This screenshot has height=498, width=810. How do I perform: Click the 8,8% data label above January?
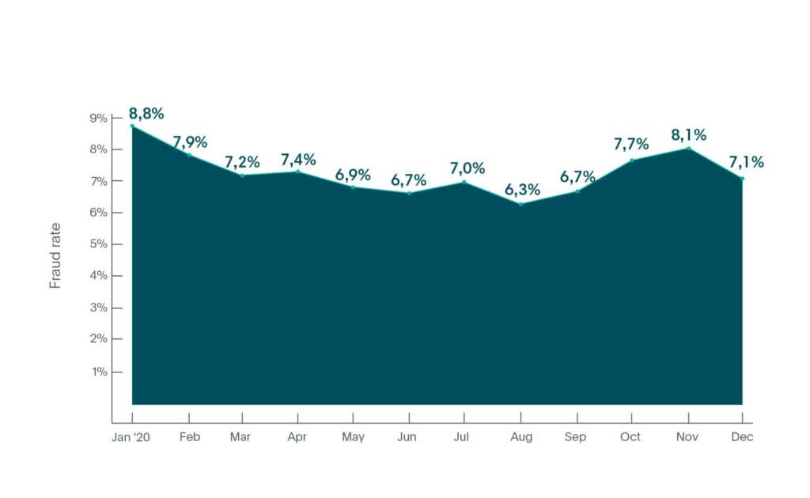(x=146, y=113)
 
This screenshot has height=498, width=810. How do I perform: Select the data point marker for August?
(x=520, y=204)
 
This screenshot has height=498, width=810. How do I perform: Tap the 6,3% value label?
(x=523, y=189)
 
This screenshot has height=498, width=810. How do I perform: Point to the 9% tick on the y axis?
(x=98, y=118)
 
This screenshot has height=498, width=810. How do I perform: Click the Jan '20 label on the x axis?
(x=132, y=437)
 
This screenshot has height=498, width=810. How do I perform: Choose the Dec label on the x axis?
(x=743, y=437)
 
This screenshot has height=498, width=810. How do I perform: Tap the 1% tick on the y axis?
(x=99, y=371)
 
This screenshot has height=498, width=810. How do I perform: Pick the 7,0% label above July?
(x=467, y=168)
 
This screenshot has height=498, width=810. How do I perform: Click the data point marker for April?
(x=298, y=172)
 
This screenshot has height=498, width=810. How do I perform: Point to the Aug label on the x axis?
(x=520, y=437)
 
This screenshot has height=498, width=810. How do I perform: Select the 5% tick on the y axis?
(x=98, y=244)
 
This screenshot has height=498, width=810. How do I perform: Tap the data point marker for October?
(x=632, y=160)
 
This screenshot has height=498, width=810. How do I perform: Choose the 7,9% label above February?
(x=191, y=142)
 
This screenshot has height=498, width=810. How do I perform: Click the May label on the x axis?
(x=353, y=437)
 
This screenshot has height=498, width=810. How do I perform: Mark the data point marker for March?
(x=242, y=175)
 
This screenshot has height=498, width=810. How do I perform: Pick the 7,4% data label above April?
(x=299, y=160)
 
